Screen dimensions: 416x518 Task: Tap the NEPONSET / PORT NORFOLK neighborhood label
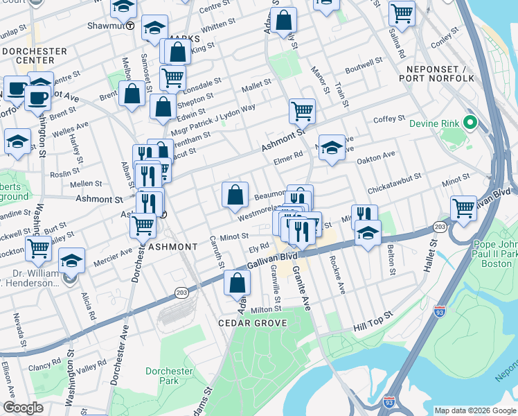point(441,73)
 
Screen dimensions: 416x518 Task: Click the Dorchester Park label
point(169,376)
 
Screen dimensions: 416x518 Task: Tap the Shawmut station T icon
point(130,26)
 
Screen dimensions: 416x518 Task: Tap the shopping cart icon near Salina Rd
point(402,12)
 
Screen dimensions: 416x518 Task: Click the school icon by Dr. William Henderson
point(71,261)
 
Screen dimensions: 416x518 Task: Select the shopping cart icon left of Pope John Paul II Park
point(463,208)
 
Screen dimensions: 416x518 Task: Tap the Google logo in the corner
point(23,408)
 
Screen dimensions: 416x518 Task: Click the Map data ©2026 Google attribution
point(474,410)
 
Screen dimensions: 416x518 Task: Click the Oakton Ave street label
point(375,157)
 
